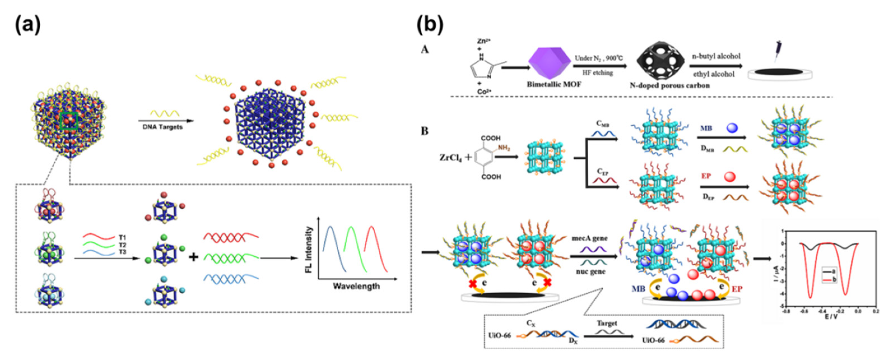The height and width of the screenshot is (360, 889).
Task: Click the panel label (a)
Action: point(28,25)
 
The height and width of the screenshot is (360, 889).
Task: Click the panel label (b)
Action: point(429,25)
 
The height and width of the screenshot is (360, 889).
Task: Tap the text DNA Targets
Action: point(162,127)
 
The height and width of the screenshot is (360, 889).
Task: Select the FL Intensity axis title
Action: point(309,250)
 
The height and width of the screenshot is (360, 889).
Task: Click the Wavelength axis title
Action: point(356,286)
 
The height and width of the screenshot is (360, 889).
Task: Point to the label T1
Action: point(122,238)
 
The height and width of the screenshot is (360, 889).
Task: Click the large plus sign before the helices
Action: point(194,257)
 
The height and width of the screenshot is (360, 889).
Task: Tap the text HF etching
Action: point(598,73)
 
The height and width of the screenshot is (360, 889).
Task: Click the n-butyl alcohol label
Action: point(716,56)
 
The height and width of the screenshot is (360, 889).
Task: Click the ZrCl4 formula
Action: point(450,158)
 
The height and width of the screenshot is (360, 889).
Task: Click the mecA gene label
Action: point(590,238)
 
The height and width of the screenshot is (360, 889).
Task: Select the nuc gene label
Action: point(591,272)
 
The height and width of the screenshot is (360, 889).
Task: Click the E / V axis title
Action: point(831,317)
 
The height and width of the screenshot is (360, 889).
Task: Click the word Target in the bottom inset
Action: point(607,323)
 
